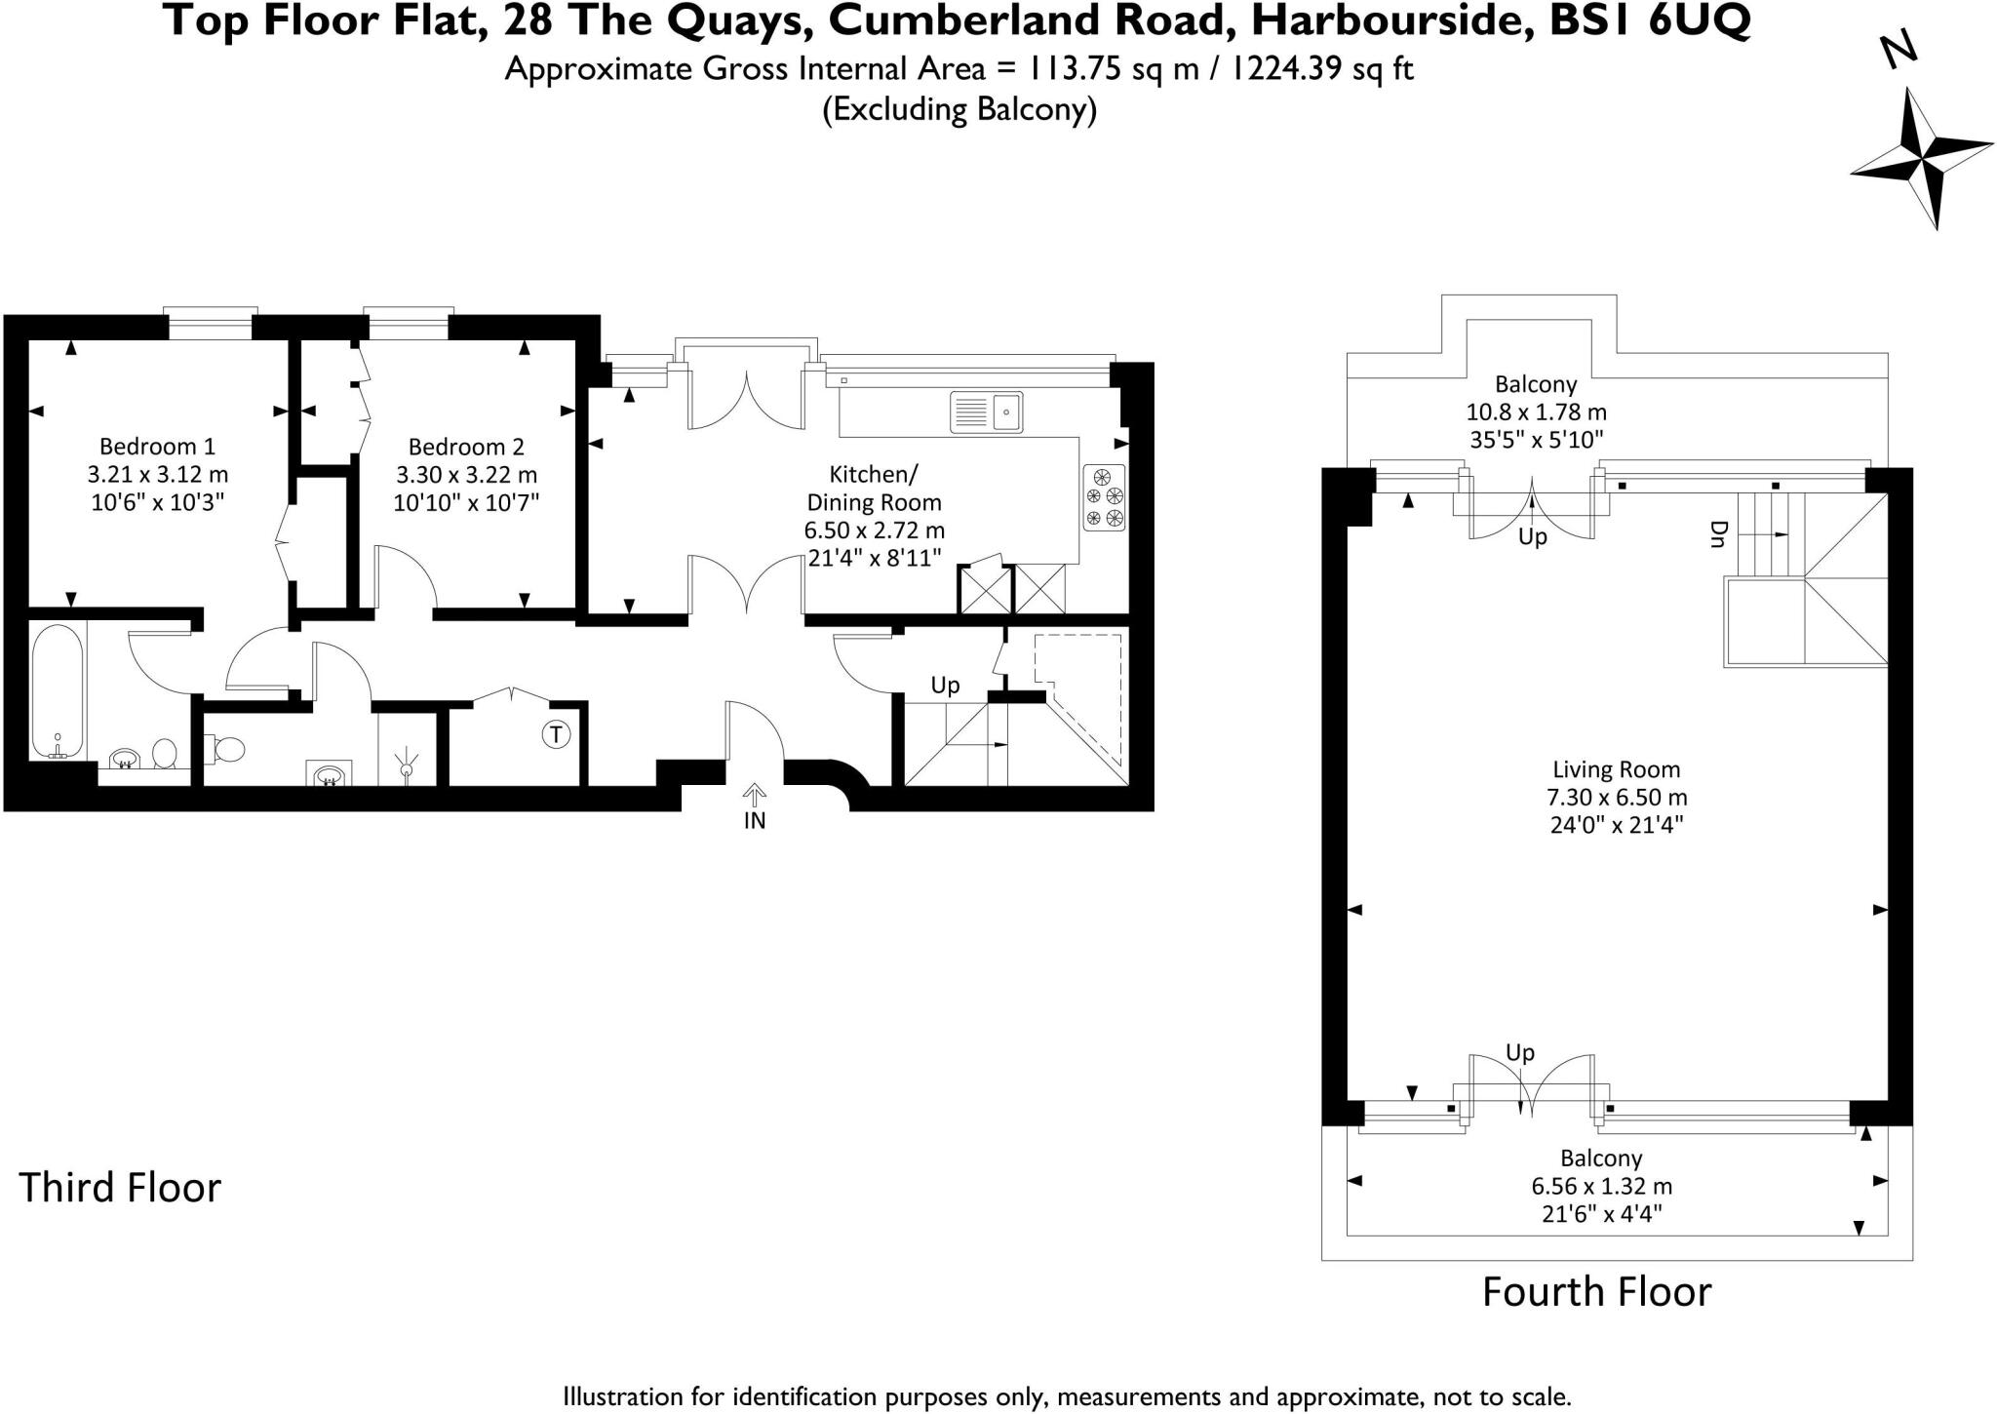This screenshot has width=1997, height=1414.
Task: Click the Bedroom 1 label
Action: (157, 447)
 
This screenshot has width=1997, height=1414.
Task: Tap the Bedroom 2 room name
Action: (466, 448)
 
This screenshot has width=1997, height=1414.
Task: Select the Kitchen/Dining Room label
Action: (874, 489)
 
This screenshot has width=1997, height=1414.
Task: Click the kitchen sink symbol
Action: (986, 412)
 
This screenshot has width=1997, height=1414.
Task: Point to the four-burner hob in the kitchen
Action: (1104, 498)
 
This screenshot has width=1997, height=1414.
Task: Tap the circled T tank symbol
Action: (556, 734)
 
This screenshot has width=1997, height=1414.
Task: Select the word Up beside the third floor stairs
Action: (945, 686)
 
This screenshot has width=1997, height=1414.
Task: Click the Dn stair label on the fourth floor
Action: (1719, 534)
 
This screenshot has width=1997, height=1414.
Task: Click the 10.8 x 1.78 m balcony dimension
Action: (1537, 412)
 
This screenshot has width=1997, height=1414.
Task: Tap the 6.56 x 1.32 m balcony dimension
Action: (1601, 1187)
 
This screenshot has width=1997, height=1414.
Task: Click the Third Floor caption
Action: (120, 1188)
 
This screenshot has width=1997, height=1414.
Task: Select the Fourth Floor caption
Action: (1596, 1292)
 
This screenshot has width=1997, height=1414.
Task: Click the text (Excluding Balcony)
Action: (959, 109)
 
